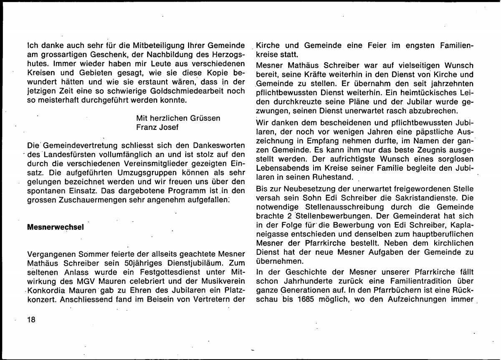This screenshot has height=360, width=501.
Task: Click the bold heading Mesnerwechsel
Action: [55, 228]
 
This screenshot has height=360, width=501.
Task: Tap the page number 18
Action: [32, 320]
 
